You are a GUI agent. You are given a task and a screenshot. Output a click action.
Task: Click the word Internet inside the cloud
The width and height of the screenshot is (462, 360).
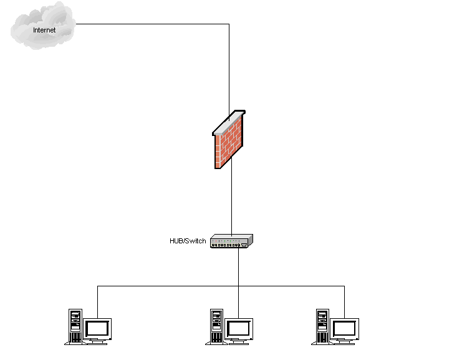pyautogui.click(x=44, y=30)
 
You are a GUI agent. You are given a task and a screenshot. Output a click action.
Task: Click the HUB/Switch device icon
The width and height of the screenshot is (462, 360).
pyautogui.click(x=232, y=241)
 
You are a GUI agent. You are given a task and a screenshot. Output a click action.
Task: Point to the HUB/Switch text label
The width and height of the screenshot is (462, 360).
pyautogui.click(x=188, y=241)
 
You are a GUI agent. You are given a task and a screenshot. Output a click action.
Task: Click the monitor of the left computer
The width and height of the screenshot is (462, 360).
pyautogui.click(x=98, y=328)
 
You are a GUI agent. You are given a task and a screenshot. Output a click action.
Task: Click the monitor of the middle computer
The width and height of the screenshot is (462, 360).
pyautogui.click(x=239, y=328)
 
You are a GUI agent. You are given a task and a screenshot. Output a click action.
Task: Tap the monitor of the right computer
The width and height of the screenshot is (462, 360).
pyautogui.click(x=344, y=328)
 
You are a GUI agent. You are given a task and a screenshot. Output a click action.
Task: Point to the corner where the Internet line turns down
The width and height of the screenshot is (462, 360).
pyautogui.click(x=229, y=24)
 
